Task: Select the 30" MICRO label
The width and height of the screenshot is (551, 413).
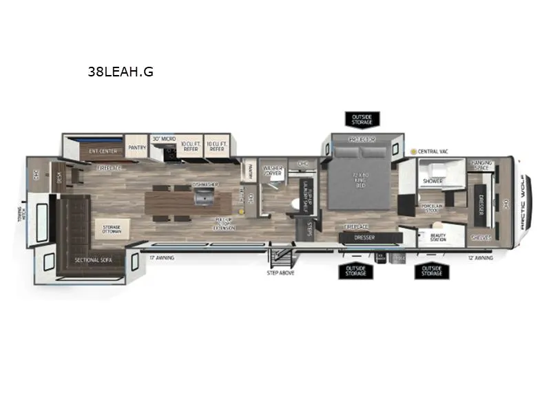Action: coord(164,138)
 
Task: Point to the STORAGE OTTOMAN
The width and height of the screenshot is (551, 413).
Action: coord(112,229)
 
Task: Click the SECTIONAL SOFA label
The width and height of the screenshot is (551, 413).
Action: coord(92,260)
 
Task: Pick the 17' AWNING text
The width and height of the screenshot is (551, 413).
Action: coord(162,257)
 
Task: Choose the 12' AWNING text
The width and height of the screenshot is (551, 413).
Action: coord(480,257)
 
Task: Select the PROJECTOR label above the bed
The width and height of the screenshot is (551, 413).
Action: coord(362,140)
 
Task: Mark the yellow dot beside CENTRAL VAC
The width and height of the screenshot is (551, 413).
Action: coord(413,151)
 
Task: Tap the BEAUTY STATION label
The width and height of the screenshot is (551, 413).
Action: coord(438,237)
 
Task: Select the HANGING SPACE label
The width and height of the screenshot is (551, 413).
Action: coord(481,165)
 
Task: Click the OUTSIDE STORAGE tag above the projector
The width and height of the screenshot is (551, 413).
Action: coord(362,120)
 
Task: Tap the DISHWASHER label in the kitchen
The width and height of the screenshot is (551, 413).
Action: coord(205,184)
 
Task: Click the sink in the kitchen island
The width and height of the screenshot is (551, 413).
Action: coord(203,198)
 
